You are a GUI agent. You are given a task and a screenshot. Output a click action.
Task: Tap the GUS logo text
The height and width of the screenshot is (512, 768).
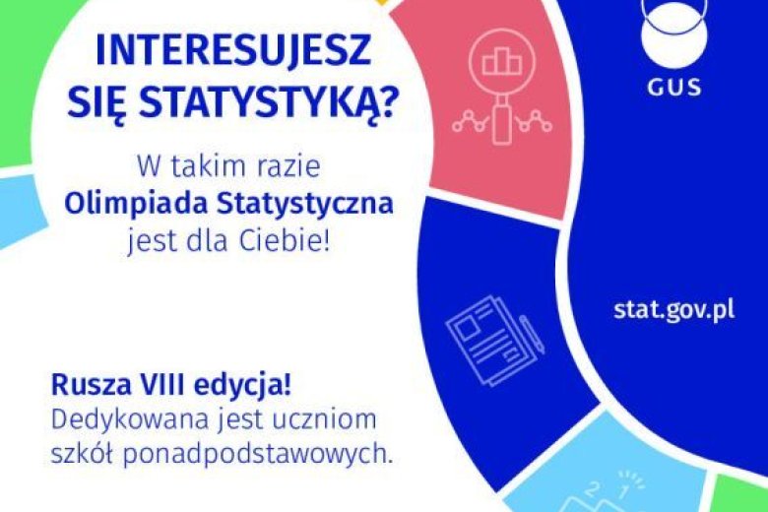pos(675,87)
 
